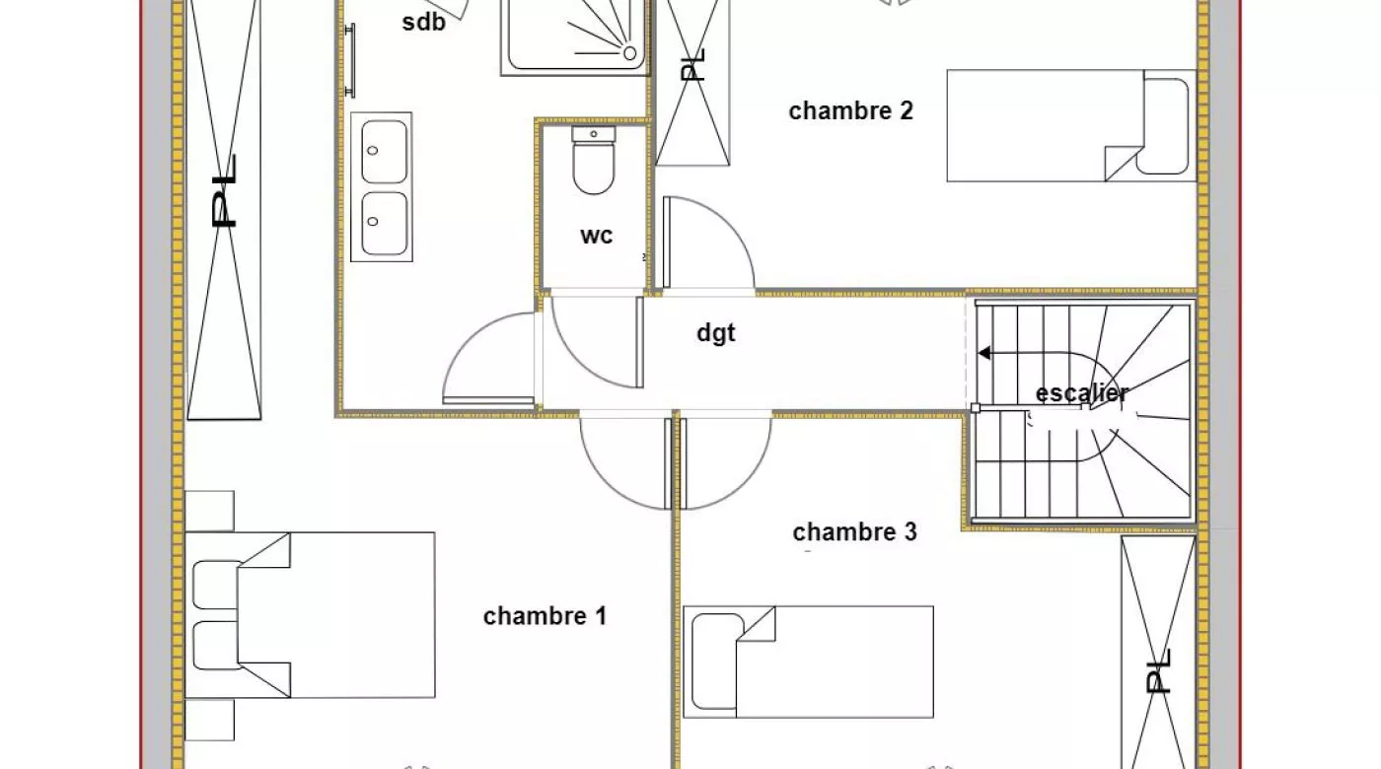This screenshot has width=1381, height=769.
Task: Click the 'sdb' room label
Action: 423,22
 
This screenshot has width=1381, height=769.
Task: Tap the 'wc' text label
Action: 596,236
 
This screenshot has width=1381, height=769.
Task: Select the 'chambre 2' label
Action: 850,110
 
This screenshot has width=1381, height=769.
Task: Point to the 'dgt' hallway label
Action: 716,333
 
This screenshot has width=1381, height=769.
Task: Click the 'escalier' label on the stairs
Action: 1081,393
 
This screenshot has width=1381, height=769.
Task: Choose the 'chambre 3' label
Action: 854,531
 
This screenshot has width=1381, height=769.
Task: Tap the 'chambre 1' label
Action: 545,616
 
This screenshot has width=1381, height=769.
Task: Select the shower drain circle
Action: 629,53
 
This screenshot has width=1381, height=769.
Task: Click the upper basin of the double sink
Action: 384,152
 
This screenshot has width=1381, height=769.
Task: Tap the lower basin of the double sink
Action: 384,224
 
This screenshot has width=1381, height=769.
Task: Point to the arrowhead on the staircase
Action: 984,353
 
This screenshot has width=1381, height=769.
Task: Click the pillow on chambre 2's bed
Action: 1163,126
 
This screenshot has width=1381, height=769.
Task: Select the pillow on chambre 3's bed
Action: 718,662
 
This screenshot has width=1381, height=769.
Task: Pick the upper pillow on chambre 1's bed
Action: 216,585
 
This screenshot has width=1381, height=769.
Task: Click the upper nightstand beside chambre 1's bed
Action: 209,511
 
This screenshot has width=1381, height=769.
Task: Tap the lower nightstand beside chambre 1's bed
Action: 209,720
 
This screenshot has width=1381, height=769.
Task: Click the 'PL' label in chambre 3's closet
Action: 1158,671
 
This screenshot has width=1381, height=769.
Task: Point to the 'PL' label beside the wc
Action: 692,65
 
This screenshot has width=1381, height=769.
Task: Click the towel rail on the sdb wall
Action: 350,60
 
